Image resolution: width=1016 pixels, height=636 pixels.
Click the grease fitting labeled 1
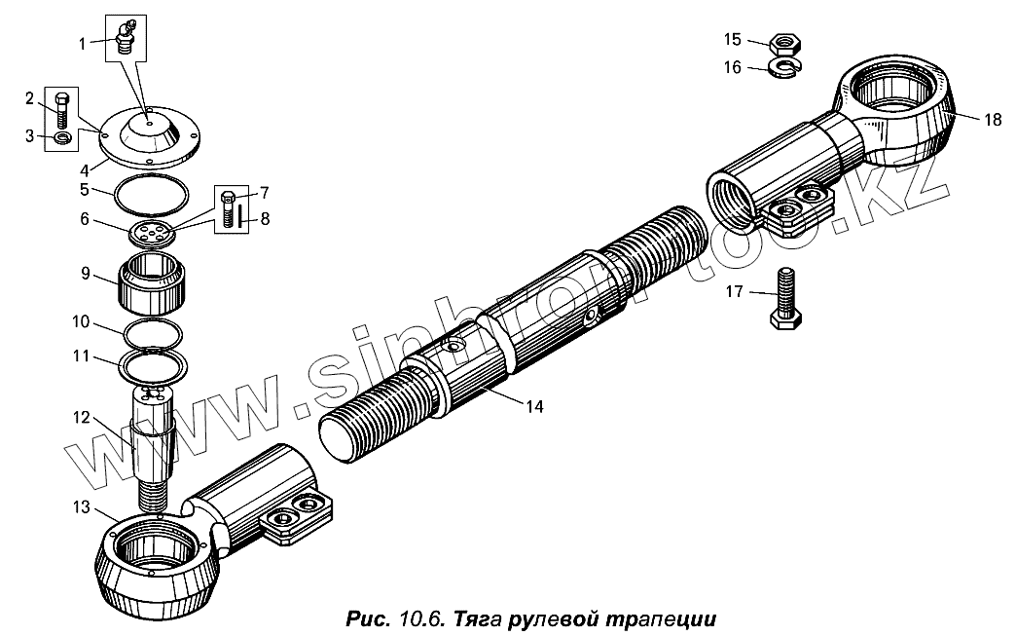point(126,37)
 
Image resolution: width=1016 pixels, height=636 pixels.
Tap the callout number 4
point(85,171)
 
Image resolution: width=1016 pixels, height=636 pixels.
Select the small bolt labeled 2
point(61,110)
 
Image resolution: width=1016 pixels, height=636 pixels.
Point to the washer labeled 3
point(63,137)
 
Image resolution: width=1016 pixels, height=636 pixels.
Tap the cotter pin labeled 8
point(240,214)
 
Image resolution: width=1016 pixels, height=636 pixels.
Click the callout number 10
point(81,321)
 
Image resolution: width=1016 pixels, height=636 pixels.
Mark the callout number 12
point(81,418)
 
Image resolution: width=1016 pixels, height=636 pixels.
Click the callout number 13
point(81,506)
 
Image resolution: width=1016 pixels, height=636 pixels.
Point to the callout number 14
point(534,406)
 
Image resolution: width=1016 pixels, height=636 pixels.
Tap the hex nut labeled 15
point(785,44)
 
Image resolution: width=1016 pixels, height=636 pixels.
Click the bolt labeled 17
point(785,298)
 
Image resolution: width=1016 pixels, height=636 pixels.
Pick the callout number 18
point(993,119)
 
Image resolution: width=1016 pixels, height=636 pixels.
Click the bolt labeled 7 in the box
point(228,207)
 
